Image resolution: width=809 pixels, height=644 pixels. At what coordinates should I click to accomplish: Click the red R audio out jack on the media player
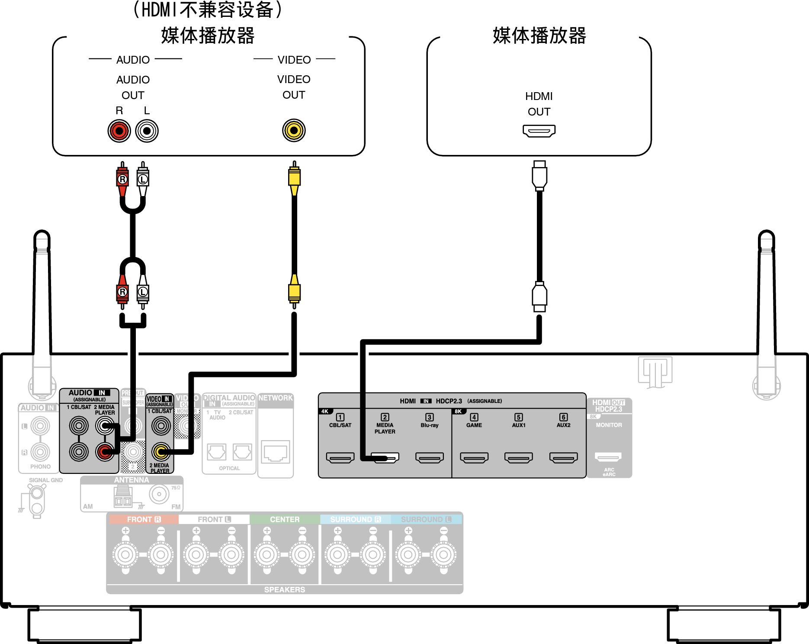(119, 131)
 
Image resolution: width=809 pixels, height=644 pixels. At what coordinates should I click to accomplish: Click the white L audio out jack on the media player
(147, 131)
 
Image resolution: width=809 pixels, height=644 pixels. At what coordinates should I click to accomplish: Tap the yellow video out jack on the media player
(294, 130)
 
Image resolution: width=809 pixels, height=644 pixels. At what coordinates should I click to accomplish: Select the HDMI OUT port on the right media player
(539, 130)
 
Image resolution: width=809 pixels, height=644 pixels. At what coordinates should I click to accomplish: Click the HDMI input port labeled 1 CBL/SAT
(340, 457)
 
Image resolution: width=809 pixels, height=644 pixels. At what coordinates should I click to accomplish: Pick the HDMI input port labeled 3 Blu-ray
(429, 457)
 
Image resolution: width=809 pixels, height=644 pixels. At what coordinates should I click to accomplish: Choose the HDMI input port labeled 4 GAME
(474, 457)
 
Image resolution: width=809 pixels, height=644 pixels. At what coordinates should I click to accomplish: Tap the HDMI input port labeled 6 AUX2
(563, 457)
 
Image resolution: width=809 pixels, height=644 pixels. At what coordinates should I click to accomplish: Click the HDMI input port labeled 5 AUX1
(519, 457)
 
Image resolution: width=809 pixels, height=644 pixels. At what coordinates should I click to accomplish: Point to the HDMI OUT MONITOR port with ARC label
(608, 457)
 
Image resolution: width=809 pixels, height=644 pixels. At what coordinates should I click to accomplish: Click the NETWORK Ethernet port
(275, 453)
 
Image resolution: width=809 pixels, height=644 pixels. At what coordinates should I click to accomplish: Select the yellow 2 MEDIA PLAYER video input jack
(161, 452)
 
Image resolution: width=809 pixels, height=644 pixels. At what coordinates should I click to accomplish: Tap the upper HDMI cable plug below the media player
(539, 175)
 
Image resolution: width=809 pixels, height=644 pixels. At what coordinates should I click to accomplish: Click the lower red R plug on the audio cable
(122, 293)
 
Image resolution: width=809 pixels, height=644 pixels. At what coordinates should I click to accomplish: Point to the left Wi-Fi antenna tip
(42, 236)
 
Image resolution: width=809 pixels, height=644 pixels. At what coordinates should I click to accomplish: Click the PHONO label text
(40, 467)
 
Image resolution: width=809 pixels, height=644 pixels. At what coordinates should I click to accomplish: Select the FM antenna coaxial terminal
(159, 494)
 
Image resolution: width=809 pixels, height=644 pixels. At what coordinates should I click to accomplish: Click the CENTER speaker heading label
(284, 519)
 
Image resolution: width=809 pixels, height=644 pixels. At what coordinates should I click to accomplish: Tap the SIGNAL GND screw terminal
(37, 493)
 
